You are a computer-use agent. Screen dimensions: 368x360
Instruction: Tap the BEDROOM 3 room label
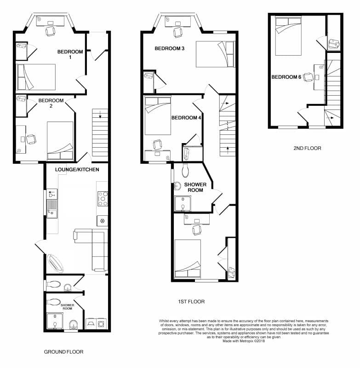pyautogui.click(x=166, y=48)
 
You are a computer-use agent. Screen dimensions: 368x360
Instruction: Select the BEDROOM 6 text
pyautogui.click(x=286, y=77)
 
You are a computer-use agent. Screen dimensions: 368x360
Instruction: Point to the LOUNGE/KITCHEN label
pyautogui.click(x=77, y=169)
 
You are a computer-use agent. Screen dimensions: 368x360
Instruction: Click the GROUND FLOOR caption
pyautogui.click(x=63, y=351)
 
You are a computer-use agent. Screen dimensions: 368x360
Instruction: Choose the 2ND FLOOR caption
pyautogui.click(x=307, y=148)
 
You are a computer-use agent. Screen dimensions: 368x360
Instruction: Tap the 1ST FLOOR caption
pyautogui.click(x=191, y=302)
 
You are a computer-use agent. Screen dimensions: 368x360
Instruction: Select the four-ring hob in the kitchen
pyautogui.click(x=102, y=198)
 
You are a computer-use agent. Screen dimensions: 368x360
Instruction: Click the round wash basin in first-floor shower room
pyautogui.click(x=178, y=185)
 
